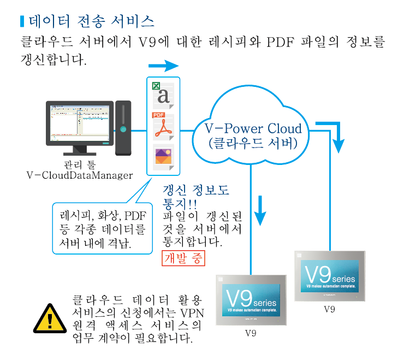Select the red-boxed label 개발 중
click(184, 258)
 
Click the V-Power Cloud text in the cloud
click(253, 129)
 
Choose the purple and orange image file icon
click(162, 157)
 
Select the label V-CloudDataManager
click(80, 175)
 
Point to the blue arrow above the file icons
click(163, 66)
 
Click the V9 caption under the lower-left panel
click(251, 333)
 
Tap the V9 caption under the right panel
click(329, 309)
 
